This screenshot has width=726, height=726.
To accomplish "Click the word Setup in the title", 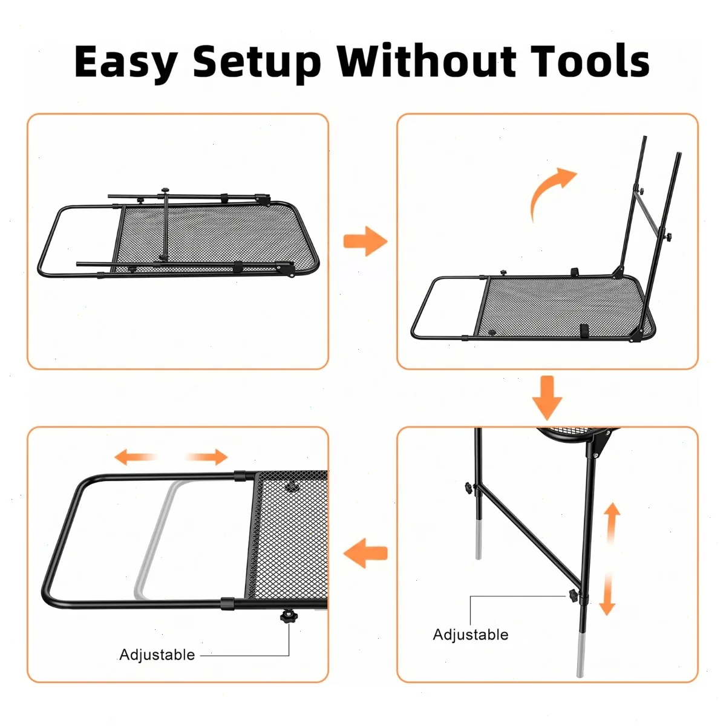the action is pyautogui.click(x=257, y=64).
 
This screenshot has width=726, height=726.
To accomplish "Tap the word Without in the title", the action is pyautogui.click(x=427, y=60).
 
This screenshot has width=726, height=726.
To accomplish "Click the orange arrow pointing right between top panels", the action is pyautogui.click(x=365, y=241).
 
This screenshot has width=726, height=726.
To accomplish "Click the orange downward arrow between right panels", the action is pyautogui.click(x=547, y=398).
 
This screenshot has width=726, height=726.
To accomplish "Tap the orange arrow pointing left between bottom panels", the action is pyautogui.click(x=365, y=553).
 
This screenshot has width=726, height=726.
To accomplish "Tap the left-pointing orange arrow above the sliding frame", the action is pyautogui.click(x=136, y=457).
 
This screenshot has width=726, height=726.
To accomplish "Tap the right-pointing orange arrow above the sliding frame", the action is pyautogui.click(x=206, y=457).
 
